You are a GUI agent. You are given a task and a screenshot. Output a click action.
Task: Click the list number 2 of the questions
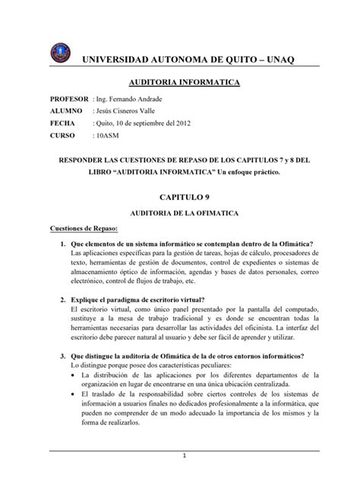[x=62, y=300]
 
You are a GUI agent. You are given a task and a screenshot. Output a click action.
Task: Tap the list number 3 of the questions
[x=62, y=356]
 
